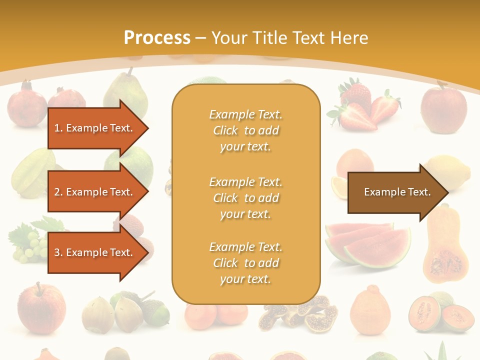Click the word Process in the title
(x=157, y=38)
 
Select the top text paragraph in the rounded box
(x=245, y=130)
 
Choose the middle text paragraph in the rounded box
(x=245, y=198)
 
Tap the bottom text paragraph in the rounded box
(x=245, y=263)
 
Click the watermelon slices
(x=367, y=243)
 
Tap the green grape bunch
(x=27, y=245)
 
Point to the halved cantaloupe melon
(x=440, y=312)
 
